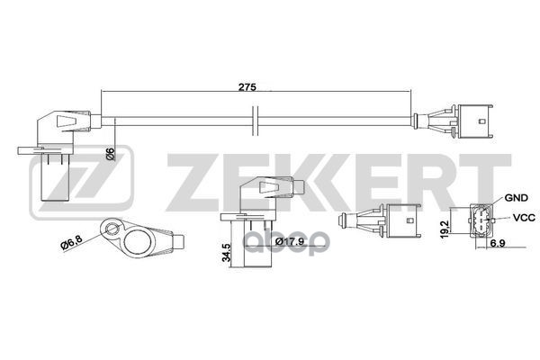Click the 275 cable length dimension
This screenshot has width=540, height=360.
(x=248, y=86)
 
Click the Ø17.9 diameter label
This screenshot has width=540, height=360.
(x=291, y=242)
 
